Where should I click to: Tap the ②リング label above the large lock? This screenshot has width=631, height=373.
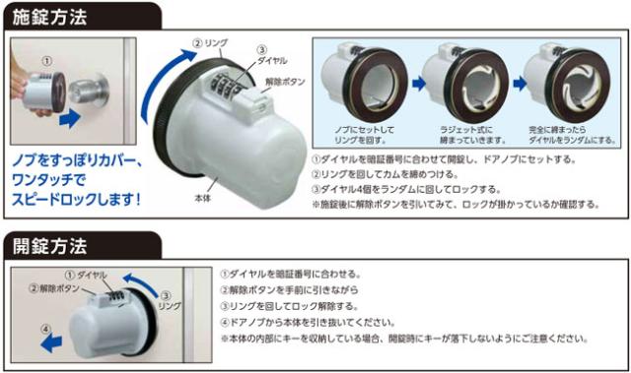[x=212, y=43]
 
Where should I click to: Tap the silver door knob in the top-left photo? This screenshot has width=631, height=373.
[x=98, y=94]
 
